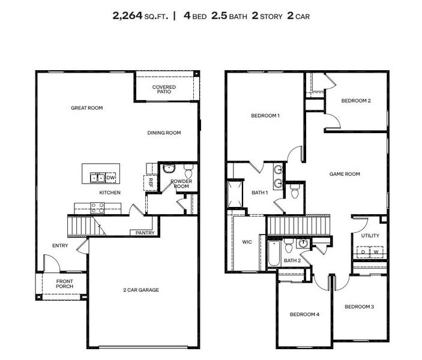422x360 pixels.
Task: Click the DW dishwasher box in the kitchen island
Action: [110, 178]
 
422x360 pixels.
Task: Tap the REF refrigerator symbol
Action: [151, 179]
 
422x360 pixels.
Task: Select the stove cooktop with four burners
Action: [97, 208]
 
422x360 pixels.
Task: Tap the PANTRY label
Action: [145, 233]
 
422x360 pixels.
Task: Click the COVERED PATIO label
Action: [164, 90]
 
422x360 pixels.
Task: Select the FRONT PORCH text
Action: [64, 284]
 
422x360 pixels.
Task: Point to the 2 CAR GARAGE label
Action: [140, 290]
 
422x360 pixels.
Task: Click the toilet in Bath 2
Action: [289, 246]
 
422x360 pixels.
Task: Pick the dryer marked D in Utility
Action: [362, 252]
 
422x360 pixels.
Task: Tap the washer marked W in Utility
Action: [376, 252]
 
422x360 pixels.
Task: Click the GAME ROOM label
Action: [345, 174]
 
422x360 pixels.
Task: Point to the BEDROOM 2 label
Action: [355, 101]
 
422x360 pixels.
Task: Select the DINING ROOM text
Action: [164, 133]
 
